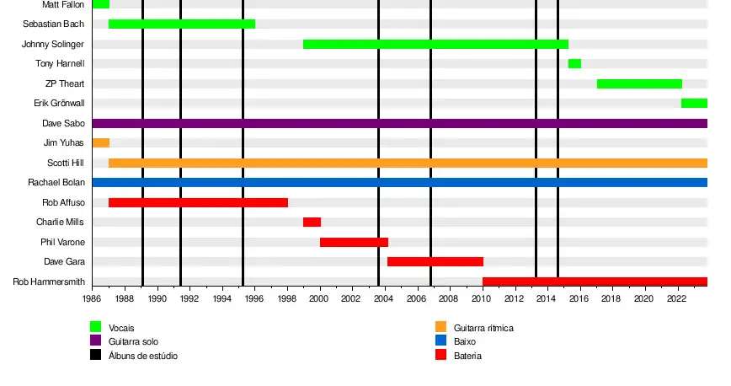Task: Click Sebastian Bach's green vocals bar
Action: click(182, 24)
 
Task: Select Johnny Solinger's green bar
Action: click(435, 44)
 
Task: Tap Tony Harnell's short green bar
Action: click(574, 63)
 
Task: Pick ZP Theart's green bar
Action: click(639, 83)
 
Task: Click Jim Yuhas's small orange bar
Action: click(100, 142)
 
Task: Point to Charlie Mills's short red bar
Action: click(312, 222)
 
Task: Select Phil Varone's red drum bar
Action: click(354, 242)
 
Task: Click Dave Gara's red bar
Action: click(435, 261)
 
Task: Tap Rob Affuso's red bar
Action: click(198, 202)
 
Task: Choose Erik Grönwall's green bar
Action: click(694, 103)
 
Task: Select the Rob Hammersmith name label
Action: click(49, 281)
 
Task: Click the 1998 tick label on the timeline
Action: click(287, 298)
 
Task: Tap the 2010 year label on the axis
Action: click(482, 298)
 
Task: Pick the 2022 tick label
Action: click(675, 298)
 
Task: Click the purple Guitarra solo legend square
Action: click(96, 341)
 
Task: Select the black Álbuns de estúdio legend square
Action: click(96, 356)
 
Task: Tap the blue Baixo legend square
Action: click(440, 341)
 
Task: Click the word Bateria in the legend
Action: click(467, 356)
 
